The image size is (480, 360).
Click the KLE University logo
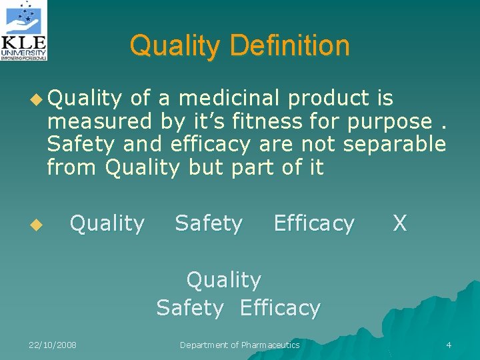(25, 31)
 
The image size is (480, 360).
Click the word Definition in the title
(290, 45)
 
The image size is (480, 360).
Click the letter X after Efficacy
(399, 223)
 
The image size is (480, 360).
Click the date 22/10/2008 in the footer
(53, 345)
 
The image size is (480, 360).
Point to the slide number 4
(449, 345)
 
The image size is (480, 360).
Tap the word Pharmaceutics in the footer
(271, 345)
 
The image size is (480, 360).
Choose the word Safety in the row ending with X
(209, 223)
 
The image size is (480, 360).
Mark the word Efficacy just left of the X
(314, 223)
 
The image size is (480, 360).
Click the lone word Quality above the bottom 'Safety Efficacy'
(224, 280)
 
